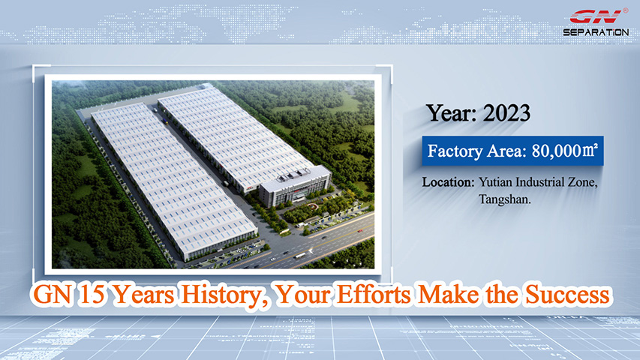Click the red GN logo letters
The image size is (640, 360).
pyautogui.click(x=596, y=17)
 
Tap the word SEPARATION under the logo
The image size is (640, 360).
pyautogui.click(x=596, y=31)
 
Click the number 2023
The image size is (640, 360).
pyautogui.click(x=506, y=113)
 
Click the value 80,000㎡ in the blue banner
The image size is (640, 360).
pyautogui.click(x=564, y=151)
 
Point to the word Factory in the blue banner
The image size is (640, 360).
pyautogui.click(x=455, y=151)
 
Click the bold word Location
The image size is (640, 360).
pyautogui.click(x=448, y=182)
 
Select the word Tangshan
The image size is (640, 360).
pyautogui.click(x=504, y=199)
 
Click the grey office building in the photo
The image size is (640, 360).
pyautogui.click(x=295, y=186)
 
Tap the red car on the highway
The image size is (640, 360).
pyautogui.click(x=360, y=232)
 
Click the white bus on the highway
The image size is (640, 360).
pyautogui.click(x=300, y=256)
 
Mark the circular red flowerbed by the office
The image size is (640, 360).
pyautogui.click(x=311, y=205)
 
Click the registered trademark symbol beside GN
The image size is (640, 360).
pyautogui.click(x=625, y=11)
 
